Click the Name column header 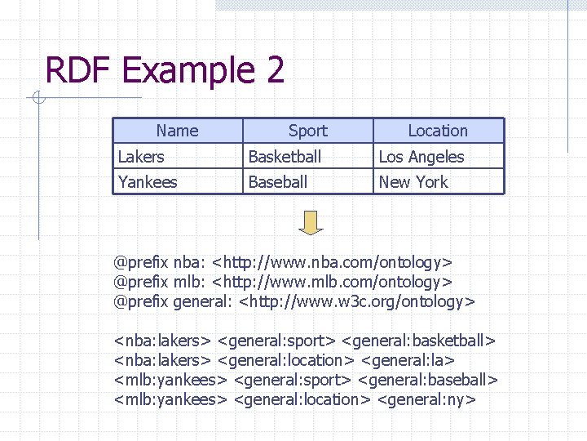pyautogui.click(x=177, y=131)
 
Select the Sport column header pyautogui.click(x=307, y=131)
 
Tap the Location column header pyautogui.click(x=438, y=131)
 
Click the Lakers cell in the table pyautogui.click(x=141, y=157)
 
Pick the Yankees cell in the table pyautogui.click(x=148, y=182)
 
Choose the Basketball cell pyautogui.click(x=285, y=157)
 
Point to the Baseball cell pyautogui.click(x=278, y=182)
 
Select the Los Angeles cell pyautogui.click(x=421, y=157)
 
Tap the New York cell pyautogui.click(x=413, y=182)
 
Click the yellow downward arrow pyautogui.click(x=311, y=222)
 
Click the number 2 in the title pyautogui.click(x=275, y=71)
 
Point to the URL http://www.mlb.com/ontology pyautogui.click(x=332, y=283)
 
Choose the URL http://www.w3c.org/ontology pyautogui.click(x=356, y=302)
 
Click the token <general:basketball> pyautogui.click(x=419, y=340)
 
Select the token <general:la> pyautogui.click(x=408, y=360)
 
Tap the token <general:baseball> pyautogui.click(x=427, y=380)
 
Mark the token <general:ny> pyautogui.click(x=427, y=399)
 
